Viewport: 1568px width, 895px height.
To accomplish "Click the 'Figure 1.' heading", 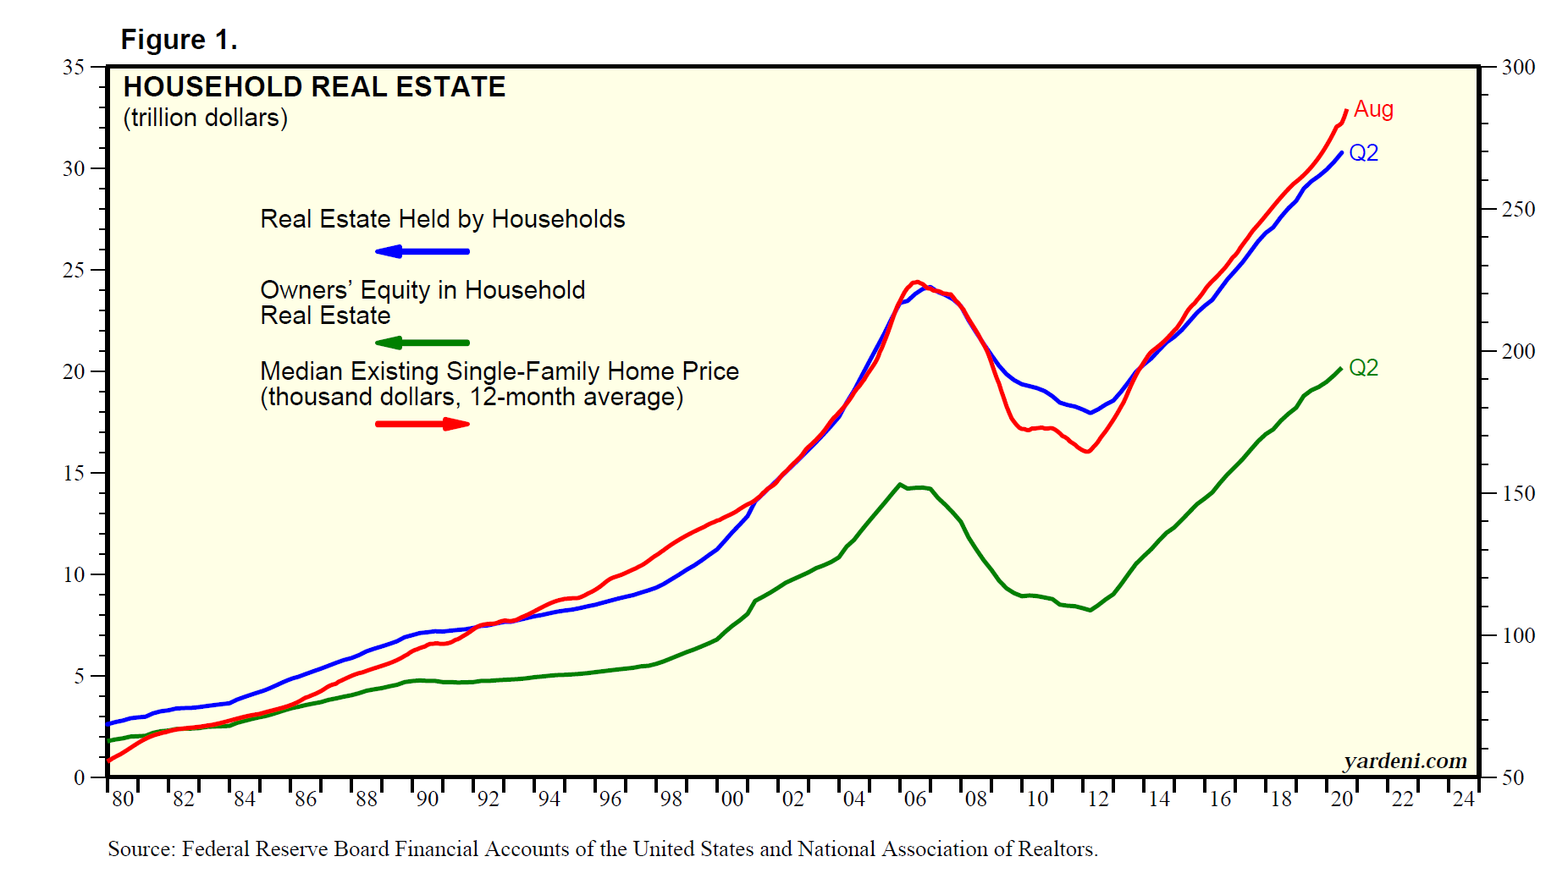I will (x=179, y=40).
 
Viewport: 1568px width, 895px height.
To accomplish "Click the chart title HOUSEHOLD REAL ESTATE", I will (x=314, y=87).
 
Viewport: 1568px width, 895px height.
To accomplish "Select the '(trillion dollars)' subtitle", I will (x=206, y=118).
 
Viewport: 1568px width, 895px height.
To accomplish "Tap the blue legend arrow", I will (x=422, y=251).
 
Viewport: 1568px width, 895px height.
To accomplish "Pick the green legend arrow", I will (x=422, y=343).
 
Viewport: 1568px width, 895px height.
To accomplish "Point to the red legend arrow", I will (x=422, y=424).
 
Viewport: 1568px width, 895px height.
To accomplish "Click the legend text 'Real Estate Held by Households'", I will (x=442, y=219).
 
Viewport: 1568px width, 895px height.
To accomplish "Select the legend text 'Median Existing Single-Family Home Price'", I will (x=499, y=371).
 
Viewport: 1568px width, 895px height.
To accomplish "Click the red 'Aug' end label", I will (x=1373, y=109).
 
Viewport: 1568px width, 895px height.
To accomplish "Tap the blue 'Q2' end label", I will (x=1363, y=153).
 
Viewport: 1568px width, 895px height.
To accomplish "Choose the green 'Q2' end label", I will (x=1363, y=368).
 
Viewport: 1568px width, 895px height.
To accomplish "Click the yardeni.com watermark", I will (x=1405, y=761).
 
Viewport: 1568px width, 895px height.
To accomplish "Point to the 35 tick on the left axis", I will (x=74, y=67).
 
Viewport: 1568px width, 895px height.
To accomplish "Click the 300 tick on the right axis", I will (x=1518, y=67).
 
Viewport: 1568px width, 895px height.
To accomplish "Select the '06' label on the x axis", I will (x=914, y=799).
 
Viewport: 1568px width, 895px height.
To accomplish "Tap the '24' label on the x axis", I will (x=1463, y=799).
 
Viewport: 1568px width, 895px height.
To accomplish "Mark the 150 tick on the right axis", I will (x=1518, y=493).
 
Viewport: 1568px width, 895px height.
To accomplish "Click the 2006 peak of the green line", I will (x=900, y=485).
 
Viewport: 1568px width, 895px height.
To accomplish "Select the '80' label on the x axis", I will (x=123, y=799).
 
